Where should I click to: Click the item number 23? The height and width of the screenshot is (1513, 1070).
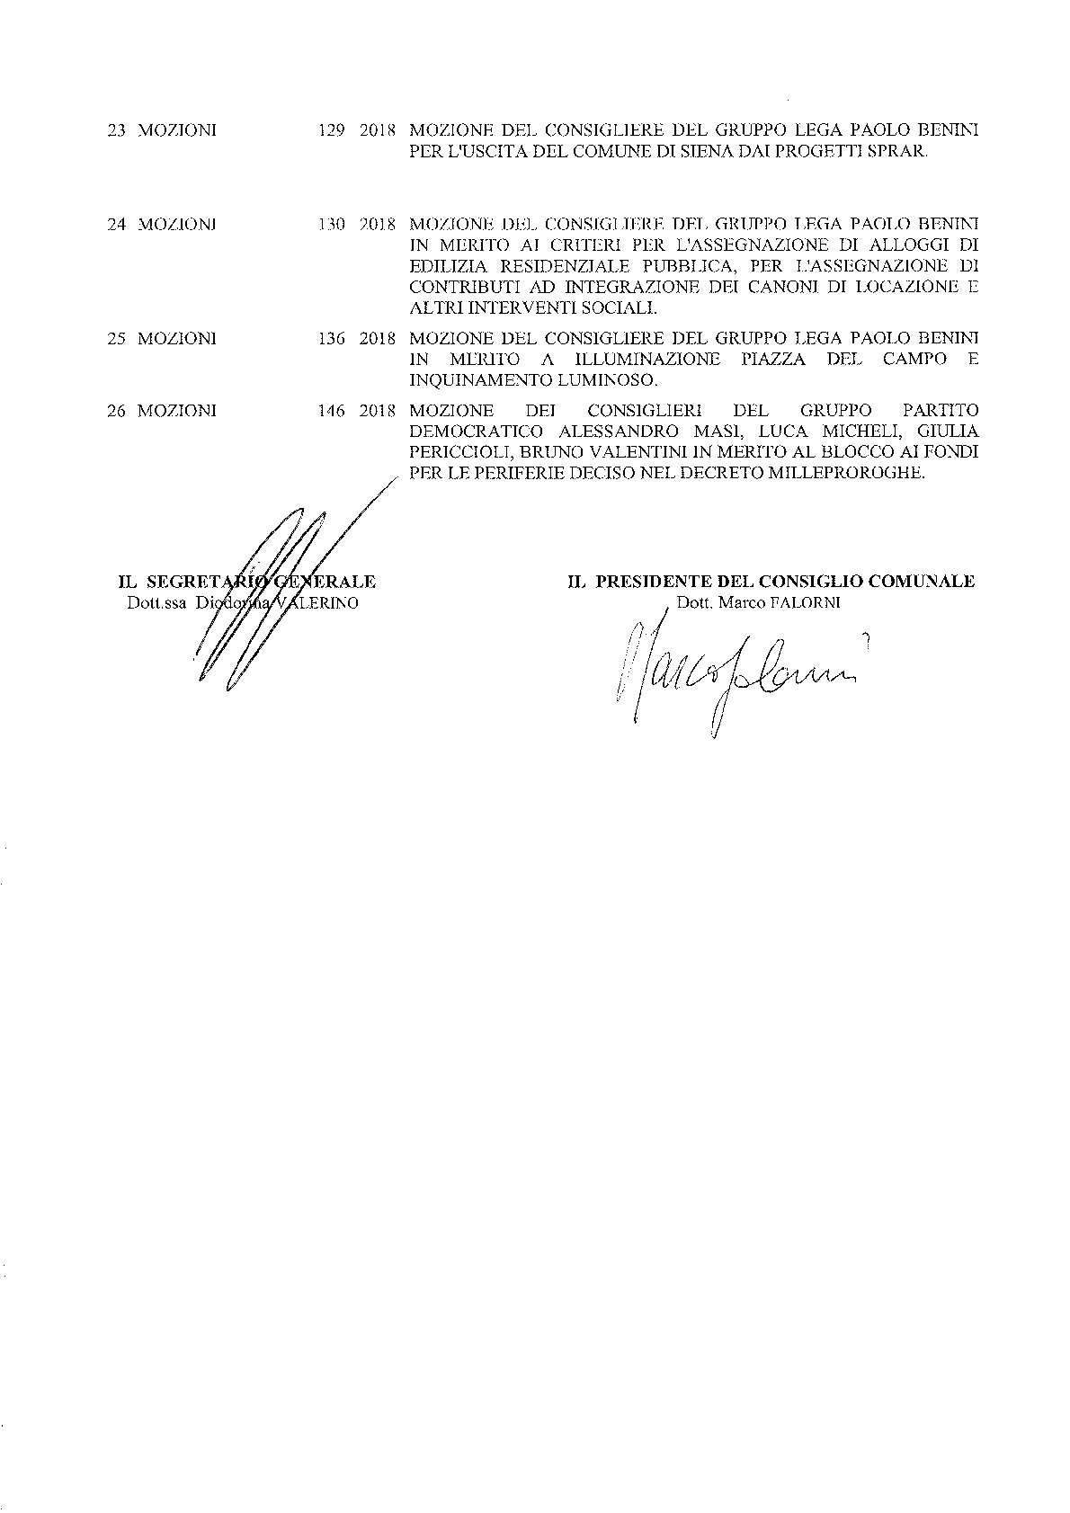point(116,130)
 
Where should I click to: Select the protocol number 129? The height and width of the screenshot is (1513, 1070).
point(332,130)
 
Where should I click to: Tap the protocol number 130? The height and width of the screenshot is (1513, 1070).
point(332,224)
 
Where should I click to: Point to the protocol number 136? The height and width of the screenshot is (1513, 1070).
point(332,339)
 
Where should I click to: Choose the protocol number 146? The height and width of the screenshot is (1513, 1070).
point(332,411)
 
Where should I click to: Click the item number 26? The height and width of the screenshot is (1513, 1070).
point(116,411)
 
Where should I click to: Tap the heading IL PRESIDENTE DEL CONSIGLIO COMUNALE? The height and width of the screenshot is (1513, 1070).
point(771,582)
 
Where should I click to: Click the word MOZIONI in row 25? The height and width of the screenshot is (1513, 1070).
point(177,339)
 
